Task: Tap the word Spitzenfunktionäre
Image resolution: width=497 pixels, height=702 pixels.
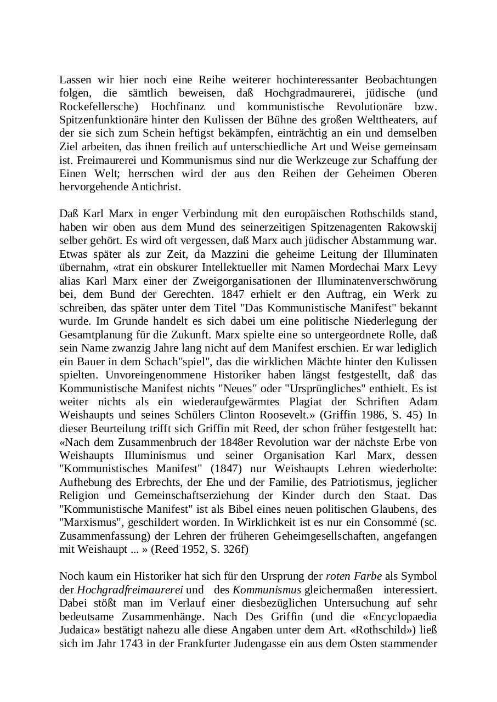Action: [105, 120]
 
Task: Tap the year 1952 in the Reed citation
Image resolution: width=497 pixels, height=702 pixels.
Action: [193, 549]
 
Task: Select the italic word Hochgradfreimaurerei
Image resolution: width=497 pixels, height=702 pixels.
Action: [129, 590]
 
